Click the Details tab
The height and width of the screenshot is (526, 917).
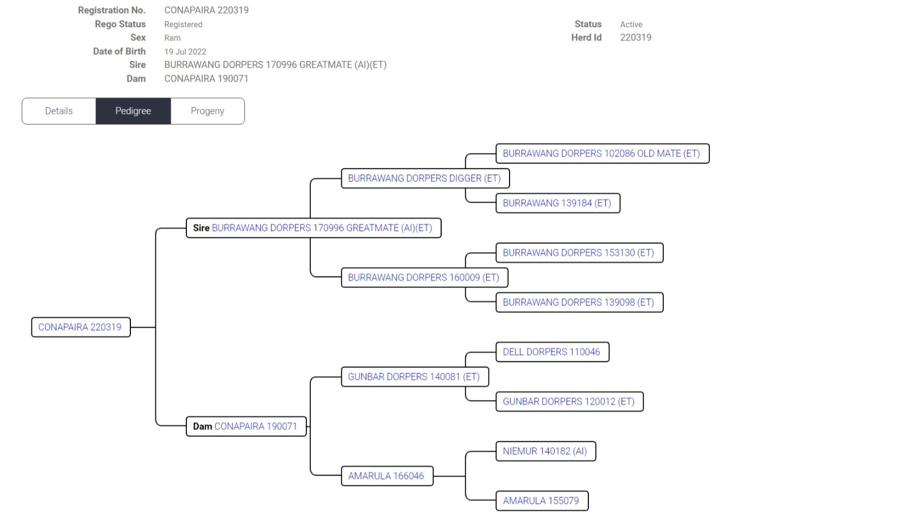[x=59, y=111]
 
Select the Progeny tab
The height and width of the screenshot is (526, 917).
[x=208, y=111]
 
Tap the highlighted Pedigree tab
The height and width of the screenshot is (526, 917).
[x=133, y=111]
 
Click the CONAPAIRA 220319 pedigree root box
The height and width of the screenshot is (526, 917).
[x=80, y=327]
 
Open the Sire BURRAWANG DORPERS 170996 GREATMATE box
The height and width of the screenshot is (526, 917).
[x=313, y=228]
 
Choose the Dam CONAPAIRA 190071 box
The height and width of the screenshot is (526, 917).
[x=246, y=427]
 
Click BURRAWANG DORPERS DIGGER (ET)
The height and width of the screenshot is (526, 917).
[x=424, y=178]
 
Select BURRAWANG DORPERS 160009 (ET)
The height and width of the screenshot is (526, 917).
[x=424, y=278]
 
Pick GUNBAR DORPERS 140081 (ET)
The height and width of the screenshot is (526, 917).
[x=414, y=377]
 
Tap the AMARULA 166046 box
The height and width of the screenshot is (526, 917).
[x=386, y=476]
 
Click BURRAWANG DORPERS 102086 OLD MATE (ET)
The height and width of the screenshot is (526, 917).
[x=601, y=154]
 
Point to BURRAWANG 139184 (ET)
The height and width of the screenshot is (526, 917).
[x=557, y=203]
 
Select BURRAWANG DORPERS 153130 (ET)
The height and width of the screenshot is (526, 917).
[x=579, y=253]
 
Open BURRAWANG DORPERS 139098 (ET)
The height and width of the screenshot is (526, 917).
[x=579, y=302]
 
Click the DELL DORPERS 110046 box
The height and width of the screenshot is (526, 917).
[x=551, y=352]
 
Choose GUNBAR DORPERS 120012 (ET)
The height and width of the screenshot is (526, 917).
[x=569, y=402]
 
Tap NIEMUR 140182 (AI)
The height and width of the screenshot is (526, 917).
[x=545, y=451]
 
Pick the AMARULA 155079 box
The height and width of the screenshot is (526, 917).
[x=541, y=501]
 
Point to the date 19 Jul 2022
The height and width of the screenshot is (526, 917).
[x=185, y=52]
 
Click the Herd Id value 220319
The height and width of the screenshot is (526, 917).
[x=636, y=37]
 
